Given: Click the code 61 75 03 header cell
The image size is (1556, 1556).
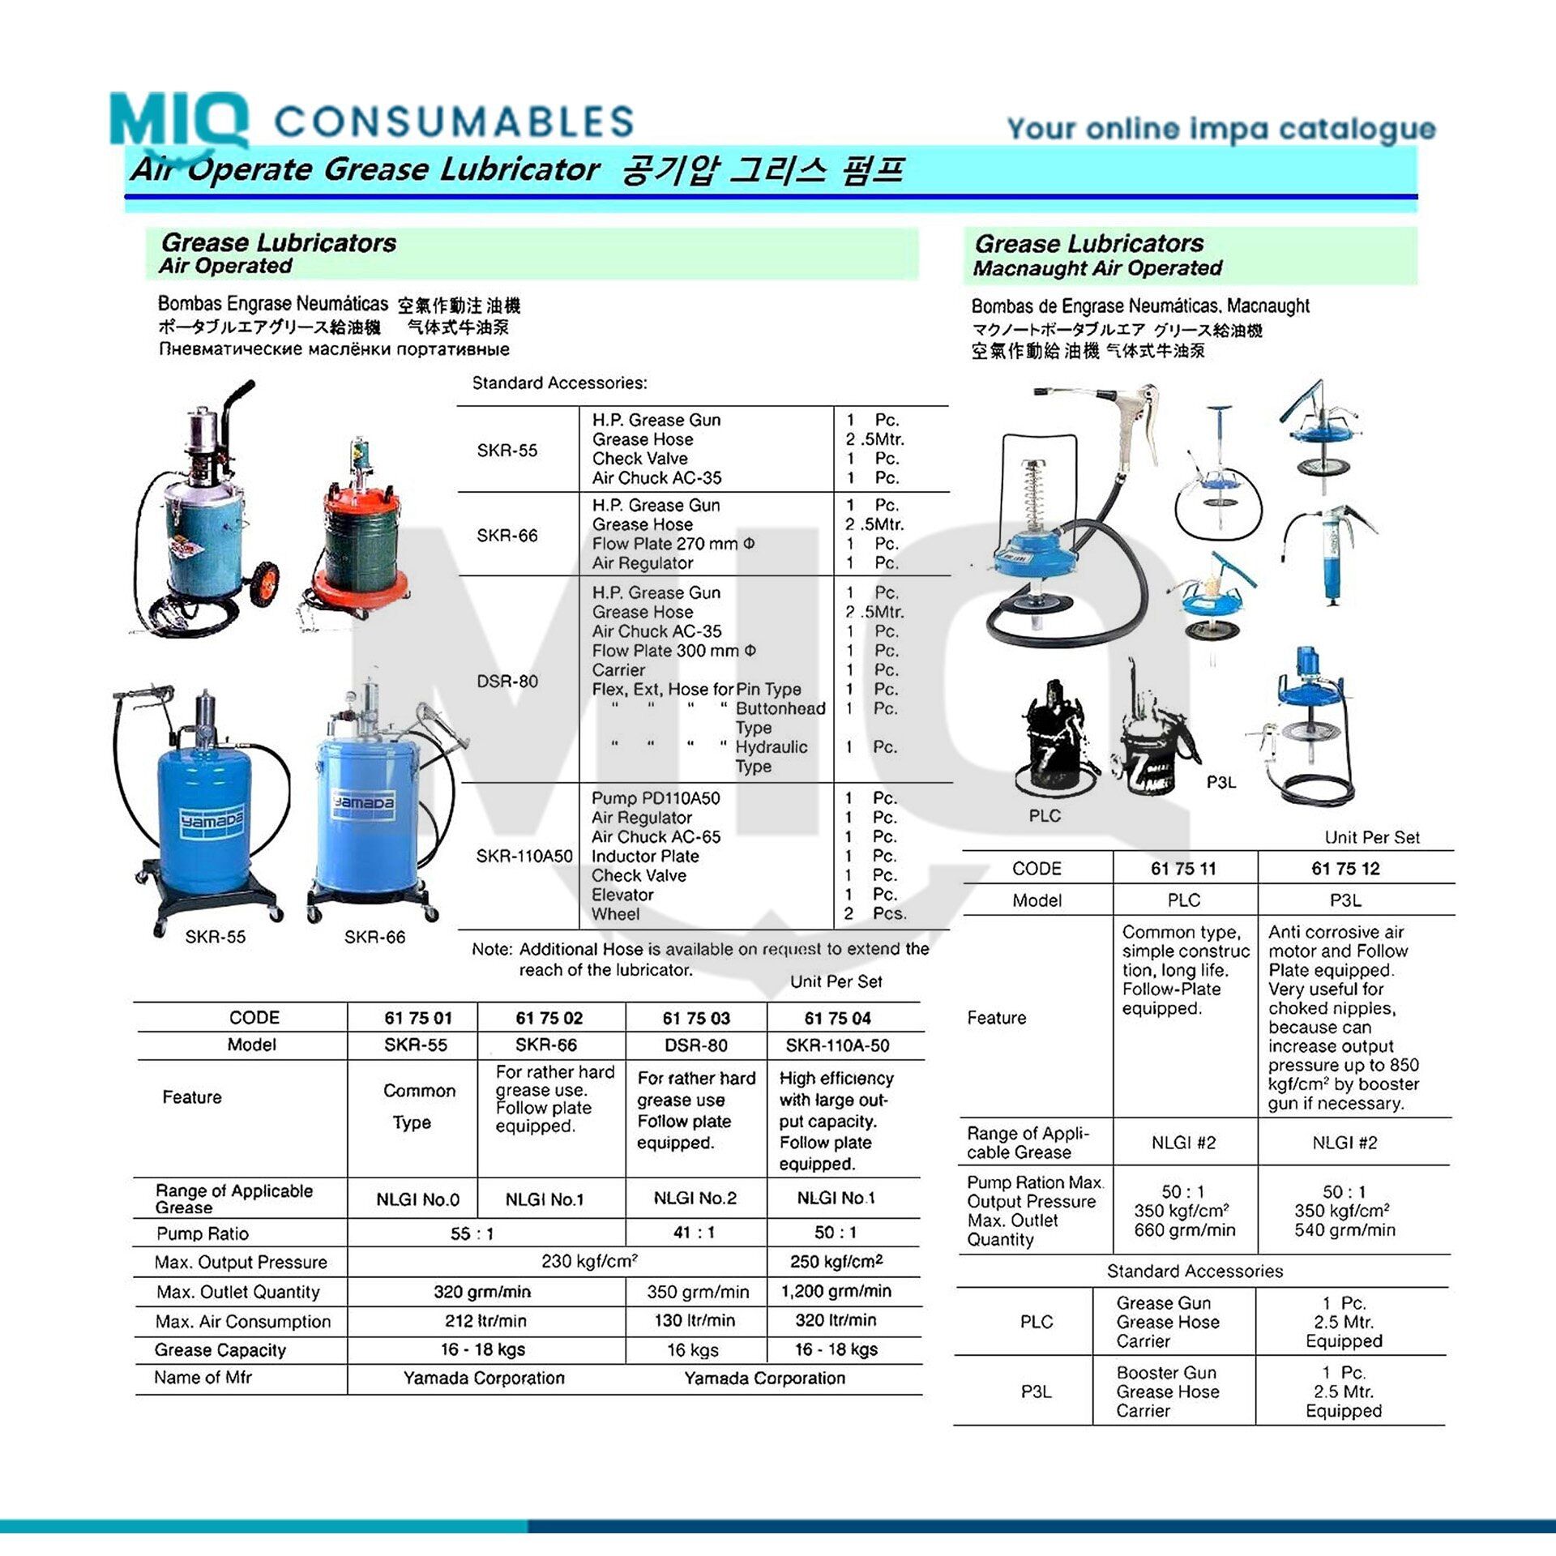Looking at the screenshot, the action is click(x=696, y=1018).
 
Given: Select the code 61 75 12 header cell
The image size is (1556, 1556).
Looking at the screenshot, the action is click(x=1345, y=869).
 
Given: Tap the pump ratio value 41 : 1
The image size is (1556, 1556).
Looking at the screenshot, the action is click(x=694, y=1233).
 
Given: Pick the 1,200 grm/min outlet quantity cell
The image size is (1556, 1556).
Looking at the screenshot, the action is click(x=836, y=1291).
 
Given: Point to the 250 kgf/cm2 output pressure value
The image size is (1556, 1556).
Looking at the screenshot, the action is click(x=836, y=1262).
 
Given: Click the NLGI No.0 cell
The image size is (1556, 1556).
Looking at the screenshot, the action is click(x=417, y=1199).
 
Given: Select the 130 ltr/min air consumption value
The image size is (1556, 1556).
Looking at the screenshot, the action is click(x=695, y=1320).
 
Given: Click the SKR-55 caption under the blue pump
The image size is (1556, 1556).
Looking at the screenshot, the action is click(x=215, y=937).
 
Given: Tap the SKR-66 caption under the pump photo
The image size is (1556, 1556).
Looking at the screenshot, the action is click(x=374, y=937).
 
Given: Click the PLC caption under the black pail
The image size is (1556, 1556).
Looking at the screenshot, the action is click(x=1045, y=816).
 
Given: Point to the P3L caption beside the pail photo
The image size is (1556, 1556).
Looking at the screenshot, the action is click(x=1221, y=782).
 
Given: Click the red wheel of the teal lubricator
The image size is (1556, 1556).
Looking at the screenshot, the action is click(x=264, y=583).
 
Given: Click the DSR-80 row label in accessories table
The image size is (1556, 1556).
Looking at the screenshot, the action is click(x=507, y=681).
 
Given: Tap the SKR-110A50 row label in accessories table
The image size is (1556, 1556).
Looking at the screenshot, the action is click(x=524, y=856).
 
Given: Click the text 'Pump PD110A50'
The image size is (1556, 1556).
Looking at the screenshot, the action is click(x=656, y=798).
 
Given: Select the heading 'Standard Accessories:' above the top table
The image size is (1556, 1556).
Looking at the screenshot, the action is click(x=559, y=383).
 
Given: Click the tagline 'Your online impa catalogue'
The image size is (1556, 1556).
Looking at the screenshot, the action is click(x=1221, y=129).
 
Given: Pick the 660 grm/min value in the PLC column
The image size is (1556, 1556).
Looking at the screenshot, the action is click(x=1185, y=1230).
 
